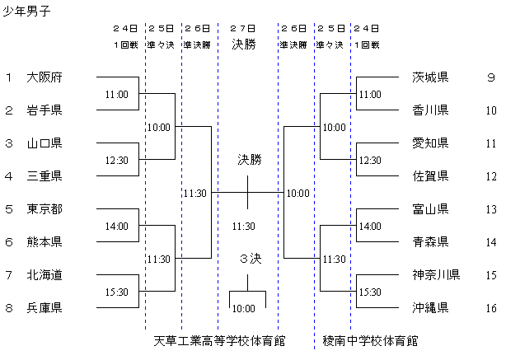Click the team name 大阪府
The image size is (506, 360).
(x=45, y=78)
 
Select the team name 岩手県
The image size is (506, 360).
(x=45, y=110)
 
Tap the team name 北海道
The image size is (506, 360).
(x=45, y=274)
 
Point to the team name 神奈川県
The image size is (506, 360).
(x=436, y=274)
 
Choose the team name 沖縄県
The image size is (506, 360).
(x=430, y=308)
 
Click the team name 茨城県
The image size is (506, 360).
(x=430, y=78)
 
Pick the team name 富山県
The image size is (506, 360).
(x=430, y=209)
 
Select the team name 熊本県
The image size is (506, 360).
(x=45, y=242)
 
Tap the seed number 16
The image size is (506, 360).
(x=490, y=308)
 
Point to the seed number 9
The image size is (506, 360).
(x=490, y=78)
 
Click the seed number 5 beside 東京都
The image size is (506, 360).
(x=8, y=209)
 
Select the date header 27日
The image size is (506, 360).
(x=244, y=27)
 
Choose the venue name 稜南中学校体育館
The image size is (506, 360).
(x=370, y=339)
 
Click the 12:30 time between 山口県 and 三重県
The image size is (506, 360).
(x=116, y=160)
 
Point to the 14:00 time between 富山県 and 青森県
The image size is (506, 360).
(x=370, y=226)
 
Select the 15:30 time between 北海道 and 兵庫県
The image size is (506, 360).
(x=116, y=292)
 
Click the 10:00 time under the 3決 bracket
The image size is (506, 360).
(x=243, y=309)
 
